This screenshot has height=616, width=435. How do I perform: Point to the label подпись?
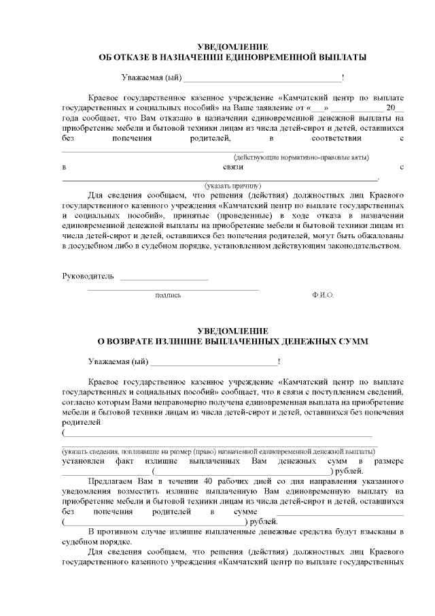168,295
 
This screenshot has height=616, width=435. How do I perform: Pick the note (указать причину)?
233,185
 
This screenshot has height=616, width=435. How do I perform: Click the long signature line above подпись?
173,289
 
